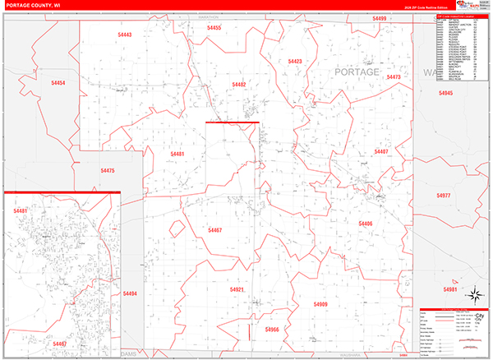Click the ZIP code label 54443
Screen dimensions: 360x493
click(125, 35)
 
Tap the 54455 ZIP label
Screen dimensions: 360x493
click(214, 28)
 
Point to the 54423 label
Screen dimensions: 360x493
click(295, 62)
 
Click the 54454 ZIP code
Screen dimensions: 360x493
click(58, 83)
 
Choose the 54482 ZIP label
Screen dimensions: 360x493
click(239, 85)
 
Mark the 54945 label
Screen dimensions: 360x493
click(445, 94)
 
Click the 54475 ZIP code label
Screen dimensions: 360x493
click(108, 170)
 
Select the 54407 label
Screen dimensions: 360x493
click(381, 152)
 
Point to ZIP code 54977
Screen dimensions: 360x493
click(444, 196)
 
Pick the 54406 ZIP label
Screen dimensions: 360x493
click(366, 224)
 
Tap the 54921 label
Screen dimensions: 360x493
click(237, 289)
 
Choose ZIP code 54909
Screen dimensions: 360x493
click(320, 304)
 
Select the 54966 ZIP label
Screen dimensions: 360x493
click(273, 329)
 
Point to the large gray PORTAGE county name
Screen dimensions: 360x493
click(357, 72)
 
